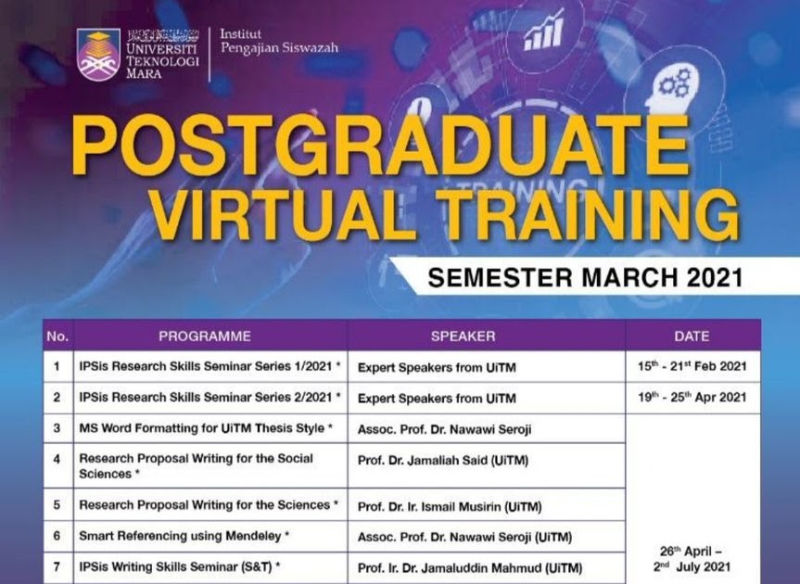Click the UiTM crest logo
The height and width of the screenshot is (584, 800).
coord(98,55)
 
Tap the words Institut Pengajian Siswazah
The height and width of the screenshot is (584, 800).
coord(279,41)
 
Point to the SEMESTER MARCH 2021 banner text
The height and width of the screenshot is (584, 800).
coord(585,278)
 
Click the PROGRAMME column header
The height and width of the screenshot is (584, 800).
coord(205,336)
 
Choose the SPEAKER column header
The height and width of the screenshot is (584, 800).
coord(463,336)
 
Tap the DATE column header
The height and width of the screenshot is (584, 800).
coord(692,336)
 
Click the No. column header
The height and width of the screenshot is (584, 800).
coord(57,336)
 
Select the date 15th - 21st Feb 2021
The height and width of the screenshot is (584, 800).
coord(692,366)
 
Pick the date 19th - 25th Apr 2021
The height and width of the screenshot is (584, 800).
coord(692,398)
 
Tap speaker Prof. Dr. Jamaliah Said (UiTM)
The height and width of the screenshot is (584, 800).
coord(443,461)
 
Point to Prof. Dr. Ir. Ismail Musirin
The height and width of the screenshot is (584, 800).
coord(450,507)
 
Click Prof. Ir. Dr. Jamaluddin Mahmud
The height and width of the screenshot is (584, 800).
coord(469,567)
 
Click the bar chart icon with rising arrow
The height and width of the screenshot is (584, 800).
coord(544,31)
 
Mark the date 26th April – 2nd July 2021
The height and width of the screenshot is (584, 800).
coord(692,559)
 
